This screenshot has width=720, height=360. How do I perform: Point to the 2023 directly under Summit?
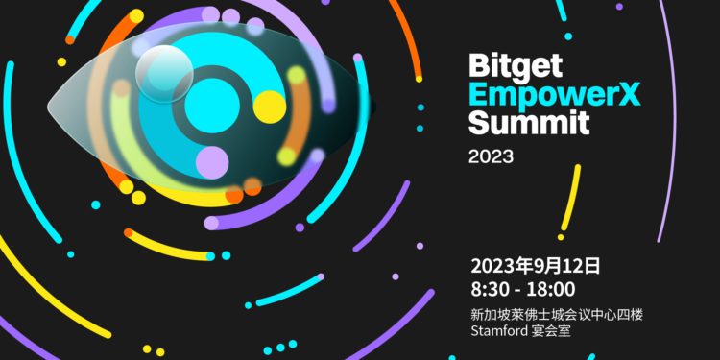coord(491,156)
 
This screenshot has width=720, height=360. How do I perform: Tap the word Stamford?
coord(501,332)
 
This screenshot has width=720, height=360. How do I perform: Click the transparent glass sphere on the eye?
coord(164,73)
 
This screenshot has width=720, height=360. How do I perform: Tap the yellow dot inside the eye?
coord(269,106)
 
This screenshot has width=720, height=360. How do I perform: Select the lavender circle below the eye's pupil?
coord(212,160)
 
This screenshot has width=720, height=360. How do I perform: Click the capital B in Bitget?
coord(478,66)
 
